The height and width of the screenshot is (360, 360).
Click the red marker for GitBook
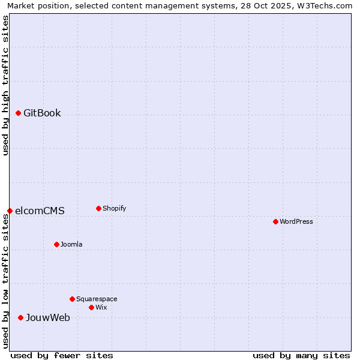[18, 113]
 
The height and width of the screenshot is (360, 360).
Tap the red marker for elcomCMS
[10, 211]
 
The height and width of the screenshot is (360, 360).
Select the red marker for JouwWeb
[20, 317]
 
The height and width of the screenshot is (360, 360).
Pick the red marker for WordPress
[275, 221]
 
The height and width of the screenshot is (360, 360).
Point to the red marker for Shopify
[98, 208]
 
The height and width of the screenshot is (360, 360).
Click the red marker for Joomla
[56, 244]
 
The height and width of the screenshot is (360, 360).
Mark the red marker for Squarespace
[72, 299]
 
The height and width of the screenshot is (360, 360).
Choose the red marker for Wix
[91, 307]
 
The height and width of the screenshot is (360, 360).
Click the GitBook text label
[42, 113]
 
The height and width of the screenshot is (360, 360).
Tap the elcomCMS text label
[40, 211]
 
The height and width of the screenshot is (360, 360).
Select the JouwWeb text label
[48, 317]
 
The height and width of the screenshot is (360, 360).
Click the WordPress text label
[296, 221]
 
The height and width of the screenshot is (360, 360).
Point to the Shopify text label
[115, 208]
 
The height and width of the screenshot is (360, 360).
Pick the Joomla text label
[71, 244]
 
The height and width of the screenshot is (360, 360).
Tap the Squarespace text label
[97, 299]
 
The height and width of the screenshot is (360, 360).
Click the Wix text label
[101, 307]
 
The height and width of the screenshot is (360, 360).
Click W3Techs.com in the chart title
[325, 5]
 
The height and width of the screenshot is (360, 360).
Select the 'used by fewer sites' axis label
[62, 355]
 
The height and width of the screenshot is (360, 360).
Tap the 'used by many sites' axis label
[301, 355]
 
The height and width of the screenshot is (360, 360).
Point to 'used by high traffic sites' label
[5, 85]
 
